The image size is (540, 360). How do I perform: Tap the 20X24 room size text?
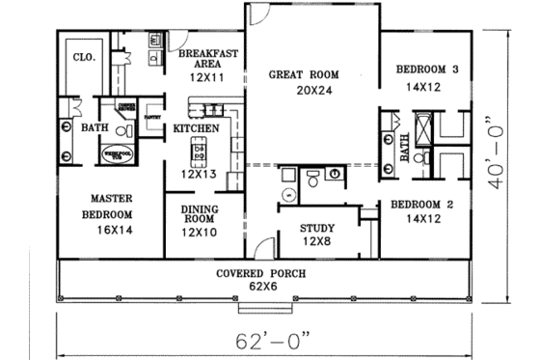310,90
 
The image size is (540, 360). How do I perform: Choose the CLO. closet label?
84,57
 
